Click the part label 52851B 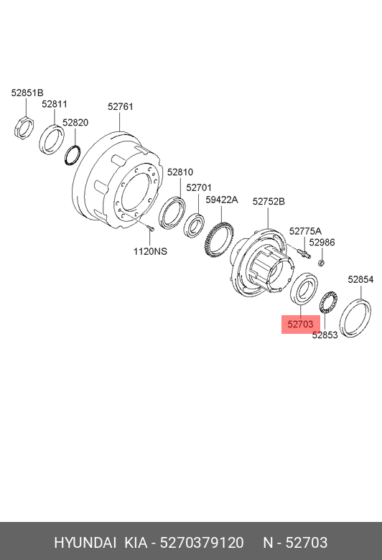pos(27,93)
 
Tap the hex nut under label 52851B pos(24,126)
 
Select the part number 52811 pos(55,104)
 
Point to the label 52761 pos(121,106)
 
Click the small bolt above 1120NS pos(151,228)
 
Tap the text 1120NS pos(150,251)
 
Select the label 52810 pos(180,172)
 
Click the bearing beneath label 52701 pos(194,225)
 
